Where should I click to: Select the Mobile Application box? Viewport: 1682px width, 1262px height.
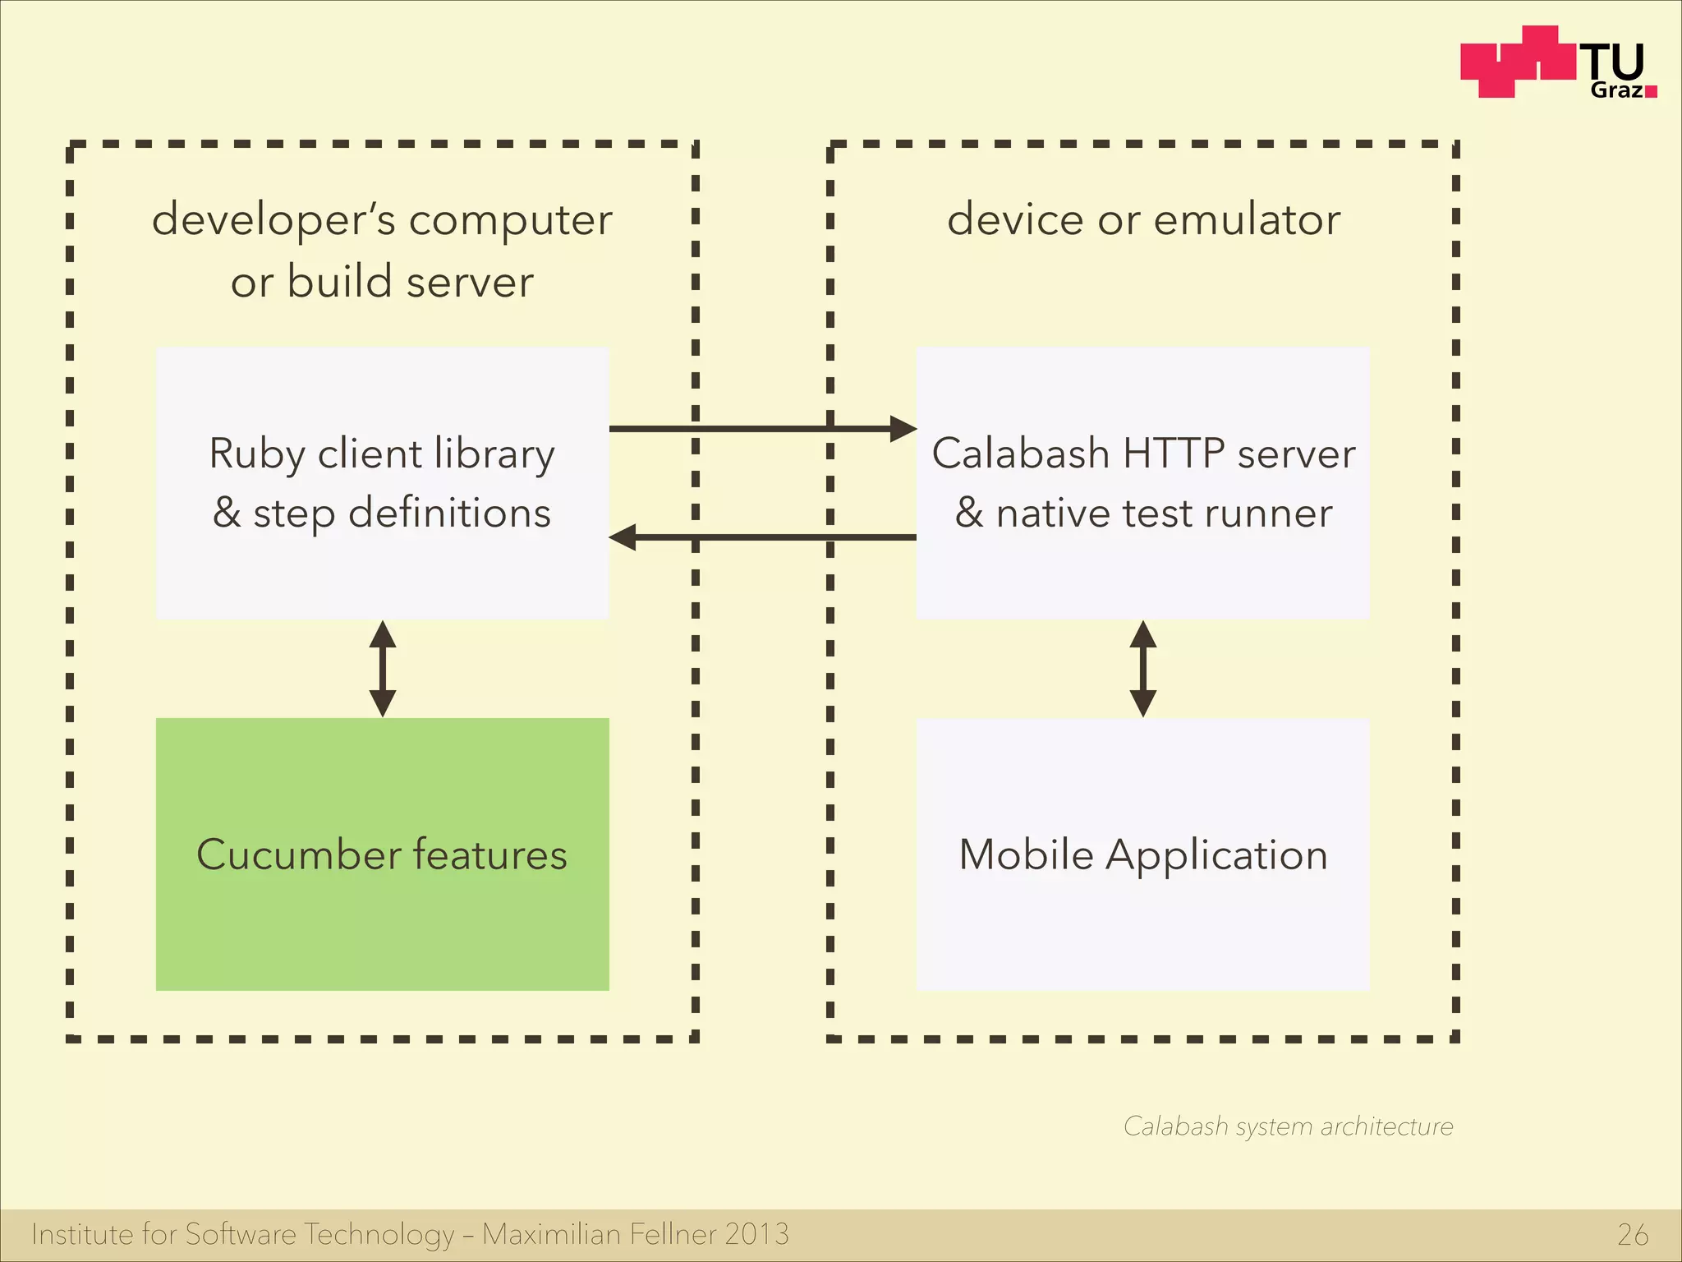[1142, 854]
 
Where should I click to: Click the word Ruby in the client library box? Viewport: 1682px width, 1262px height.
[257, 454]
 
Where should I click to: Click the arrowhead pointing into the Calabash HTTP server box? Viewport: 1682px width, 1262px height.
[903, 428]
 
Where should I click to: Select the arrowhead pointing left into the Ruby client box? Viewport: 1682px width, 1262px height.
[623, 537]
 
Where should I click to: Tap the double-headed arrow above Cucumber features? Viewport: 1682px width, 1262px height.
[382, 669]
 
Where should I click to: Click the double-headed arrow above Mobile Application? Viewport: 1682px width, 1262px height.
[1142, 669]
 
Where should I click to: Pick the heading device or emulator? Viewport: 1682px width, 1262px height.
[1143, 219]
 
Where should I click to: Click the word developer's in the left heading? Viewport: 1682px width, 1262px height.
[273, 220]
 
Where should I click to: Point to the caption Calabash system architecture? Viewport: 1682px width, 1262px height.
[1288, 1126]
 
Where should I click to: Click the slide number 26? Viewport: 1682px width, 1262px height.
[1632, 1235]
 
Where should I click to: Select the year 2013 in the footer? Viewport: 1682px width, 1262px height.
[756, 1234]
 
